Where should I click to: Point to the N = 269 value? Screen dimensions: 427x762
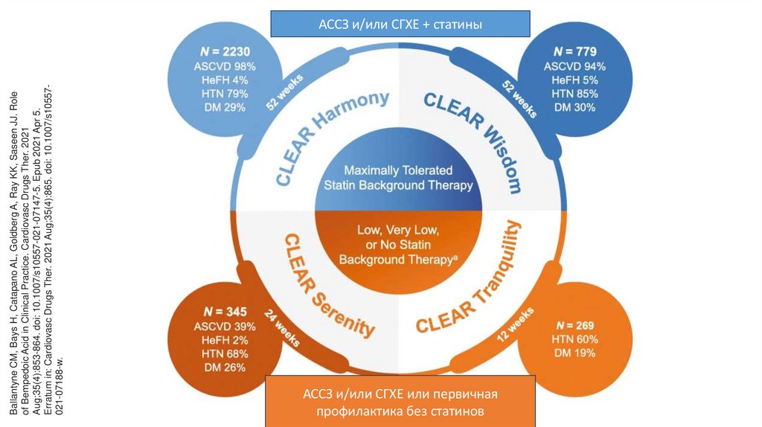pos(574,325)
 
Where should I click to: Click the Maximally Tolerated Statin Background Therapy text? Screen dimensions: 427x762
pos(398,178)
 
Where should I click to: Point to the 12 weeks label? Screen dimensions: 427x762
pos(514,326)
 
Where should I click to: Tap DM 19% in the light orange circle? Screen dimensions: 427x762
pos(574,353)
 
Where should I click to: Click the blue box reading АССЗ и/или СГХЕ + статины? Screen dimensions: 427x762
pos(400,24)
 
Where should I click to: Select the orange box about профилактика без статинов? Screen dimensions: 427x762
pos(400,401)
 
